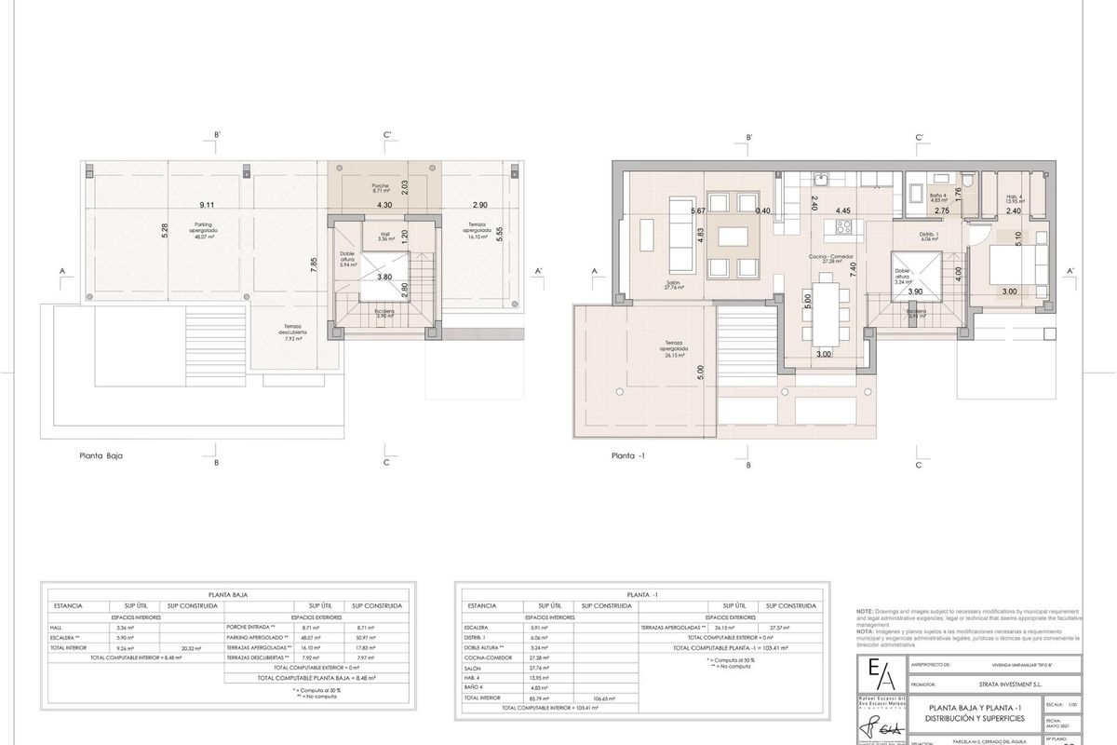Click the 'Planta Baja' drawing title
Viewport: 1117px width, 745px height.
(x=101, y=457)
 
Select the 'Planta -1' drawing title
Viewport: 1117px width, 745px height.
(x=629, y=457)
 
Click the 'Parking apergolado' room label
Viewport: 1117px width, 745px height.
(x=203, y=231)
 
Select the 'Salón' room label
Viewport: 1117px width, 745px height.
(x=674, y=286)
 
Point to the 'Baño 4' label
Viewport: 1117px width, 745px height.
(x=937, y=197)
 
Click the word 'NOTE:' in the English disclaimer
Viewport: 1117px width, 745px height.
(x=865, y=611)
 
